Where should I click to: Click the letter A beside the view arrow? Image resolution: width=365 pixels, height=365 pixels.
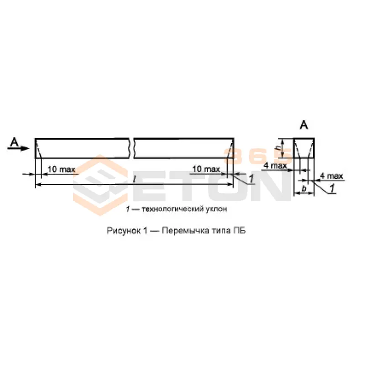15,142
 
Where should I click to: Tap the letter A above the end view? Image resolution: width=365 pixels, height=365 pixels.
304,125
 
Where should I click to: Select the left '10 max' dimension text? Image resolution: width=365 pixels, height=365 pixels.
62,169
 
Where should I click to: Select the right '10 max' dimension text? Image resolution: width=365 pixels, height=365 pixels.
206,169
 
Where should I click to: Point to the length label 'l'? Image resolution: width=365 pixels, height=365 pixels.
134,179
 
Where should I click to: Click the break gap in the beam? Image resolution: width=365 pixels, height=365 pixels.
131,148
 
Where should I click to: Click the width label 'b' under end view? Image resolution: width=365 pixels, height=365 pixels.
304,188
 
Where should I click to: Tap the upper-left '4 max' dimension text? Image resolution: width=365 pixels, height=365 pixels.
275,166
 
